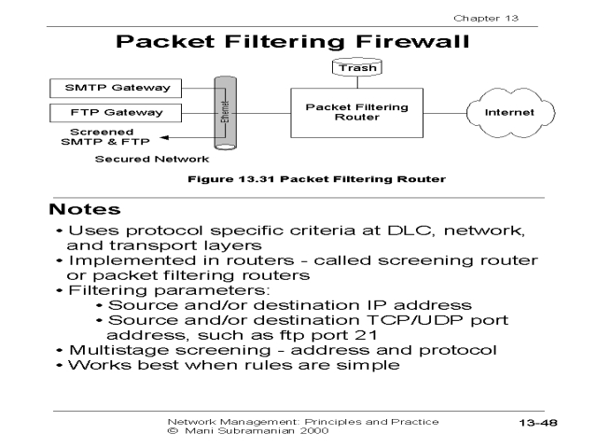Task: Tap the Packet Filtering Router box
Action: click(x=357, y=113)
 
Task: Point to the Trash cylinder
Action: click(x=356, y=67)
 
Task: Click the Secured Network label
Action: click(x=137, y=160)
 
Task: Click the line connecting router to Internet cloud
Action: click(x=442, y=113)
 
